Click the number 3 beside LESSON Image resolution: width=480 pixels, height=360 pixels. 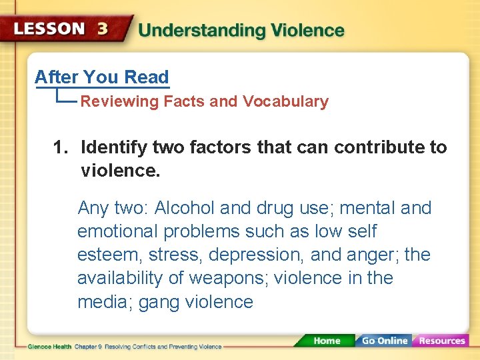coord(103,29)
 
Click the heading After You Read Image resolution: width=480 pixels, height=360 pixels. coord(102,77)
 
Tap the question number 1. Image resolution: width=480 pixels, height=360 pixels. coord(59,147)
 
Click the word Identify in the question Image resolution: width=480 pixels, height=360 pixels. coord(114,147)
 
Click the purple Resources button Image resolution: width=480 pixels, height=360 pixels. coord(441,341)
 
